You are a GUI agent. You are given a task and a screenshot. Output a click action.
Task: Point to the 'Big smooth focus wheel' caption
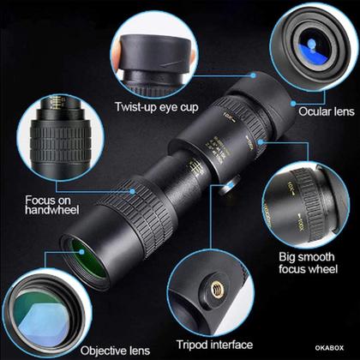[309, 262]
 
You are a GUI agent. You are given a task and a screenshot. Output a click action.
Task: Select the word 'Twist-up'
[134, 107]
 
